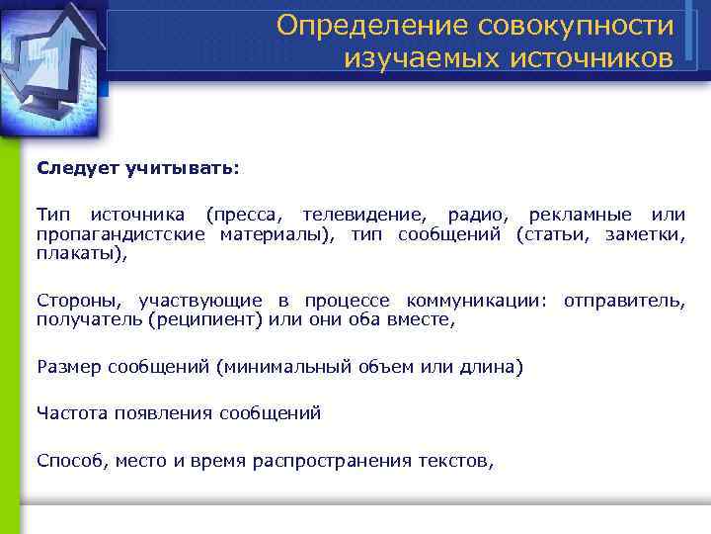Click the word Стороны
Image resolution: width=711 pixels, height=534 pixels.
[x=80, y=300]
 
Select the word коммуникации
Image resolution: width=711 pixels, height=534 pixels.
[x=473, y=300]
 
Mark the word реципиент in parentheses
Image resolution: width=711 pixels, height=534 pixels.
[x=197, y=318]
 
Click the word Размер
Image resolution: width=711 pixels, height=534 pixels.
[x=68, y=367]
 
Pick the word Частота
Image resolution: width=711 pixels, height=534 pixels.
[x=72, y=413]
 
